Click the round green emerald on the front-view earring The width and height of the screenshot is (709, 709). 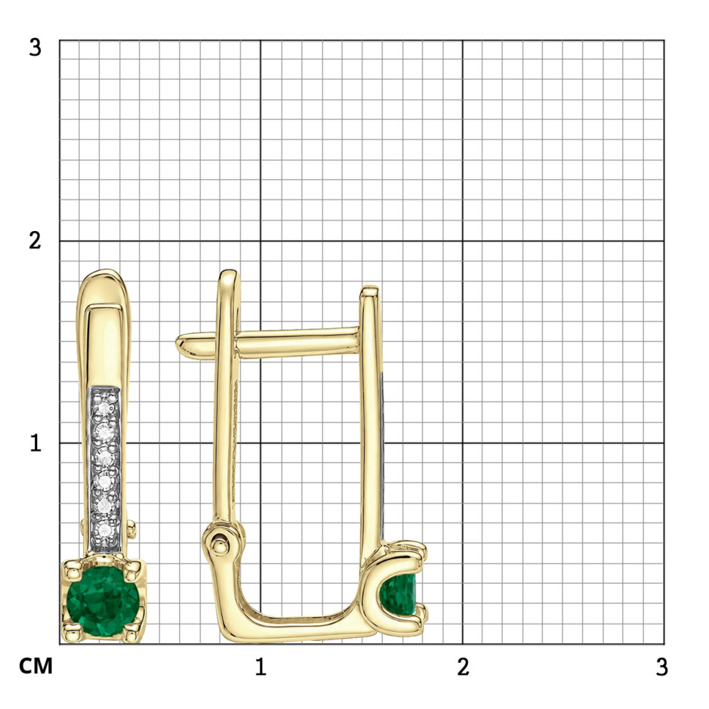103,602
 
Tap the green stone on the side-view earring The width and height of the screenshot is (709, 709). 398,594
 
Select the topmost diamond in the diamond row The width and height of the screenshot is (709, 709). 105,408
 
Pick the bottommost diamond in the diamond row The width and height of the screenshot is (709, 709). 105,530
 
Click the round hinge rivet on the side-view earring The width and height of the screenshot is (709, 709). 220,545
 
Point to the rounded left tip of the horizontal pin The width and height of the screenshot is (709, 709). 181,344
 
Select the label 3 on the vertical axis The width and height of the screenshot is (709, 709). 35,47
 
